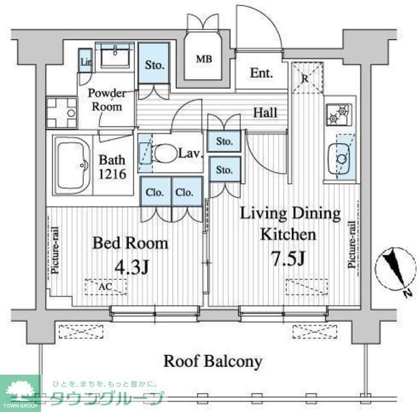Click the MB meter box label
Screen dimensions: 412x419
(205, 59)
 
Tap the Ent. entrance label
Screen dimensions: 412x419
(261, 73)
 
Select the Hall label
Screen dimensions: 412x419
(265, 112)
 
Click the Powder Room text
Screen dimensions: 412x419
(107, 99)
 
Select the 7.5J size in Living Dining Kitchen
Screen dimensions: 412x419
(286, 258)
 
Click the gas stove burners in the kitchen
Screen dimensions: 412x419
(340, 114)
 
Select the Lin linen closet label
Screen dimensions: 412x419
(85, 62)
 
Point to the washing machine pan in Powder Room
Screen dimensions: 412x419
(61, 108)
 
